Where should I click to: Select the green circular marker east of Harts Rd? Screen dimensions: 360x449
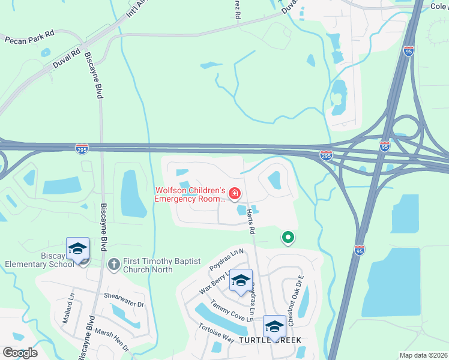(288, 238)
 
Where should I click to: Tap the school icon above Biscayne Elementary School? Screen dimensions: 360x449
(77, 249)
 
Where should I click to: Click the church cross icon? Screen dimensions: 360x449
(113, 263)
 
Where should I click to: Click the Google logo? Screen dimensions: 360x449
(20, 353)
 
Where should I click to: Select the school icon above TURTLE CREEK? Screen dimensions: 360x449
(274, 326)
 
